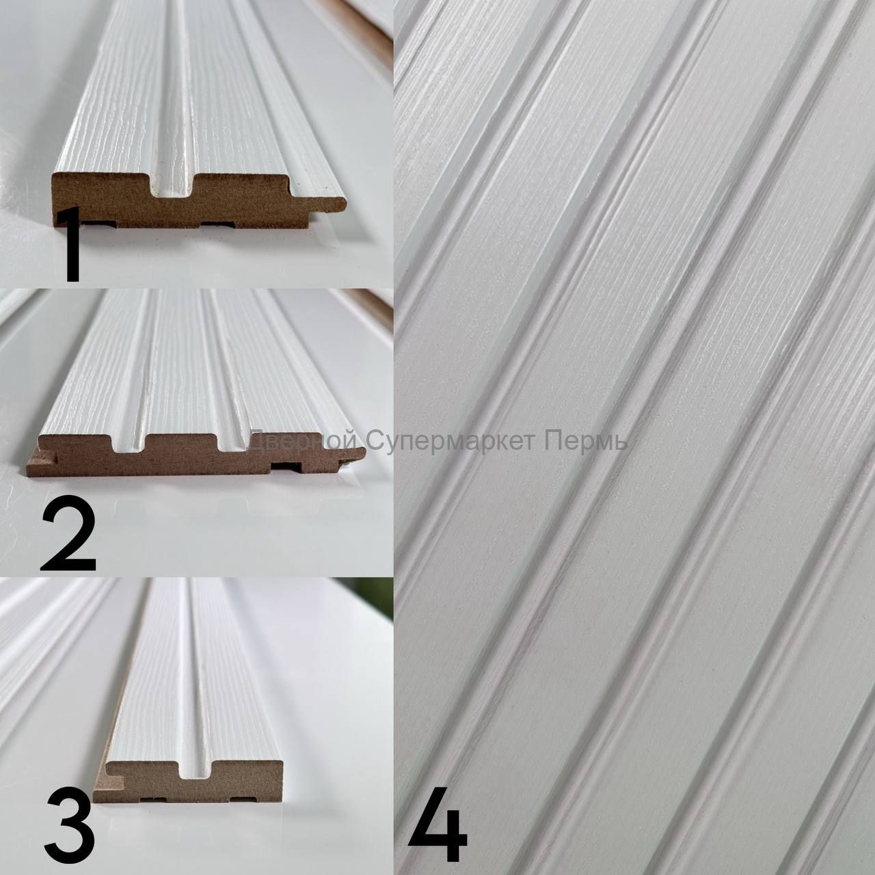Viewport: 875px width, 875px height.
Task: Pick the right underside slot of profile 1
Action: pyautogui.click(x=219, y=224)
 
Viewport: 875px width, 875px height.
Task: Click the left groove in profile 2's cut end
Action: pyautogui.click(x=129, y=446)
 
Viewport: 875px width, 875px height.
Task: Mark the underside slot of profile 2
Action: pyautogui.click(x=288, y=468)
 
